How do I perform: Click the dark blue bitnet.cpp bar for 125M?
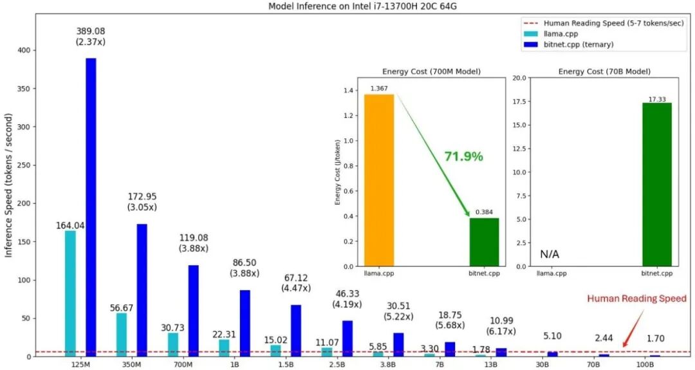point(91,207)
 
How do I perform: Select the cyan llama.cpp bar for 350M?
point(122,335)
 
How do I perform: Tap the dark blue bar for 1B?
point(245,324)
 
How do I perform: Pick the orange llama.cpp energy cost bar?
point(379,180)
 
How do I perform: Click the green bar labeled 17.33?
point(657,185)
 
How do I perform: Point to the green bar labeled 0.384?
point(484,243)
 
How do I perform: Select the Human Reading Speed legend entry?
point(604,23)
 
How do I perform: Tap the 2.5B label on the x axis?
point(337,364)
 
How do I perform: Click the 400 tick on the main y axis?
point(24,51)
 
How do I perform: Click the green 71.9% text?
point(463,156)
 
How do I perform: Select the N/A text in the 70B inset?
point(549,254)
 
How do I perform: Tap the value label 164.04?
point(70,226)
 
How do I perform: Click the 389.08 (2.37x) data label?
point(91,36)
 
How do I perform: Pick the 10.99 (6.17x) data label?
point(502,326)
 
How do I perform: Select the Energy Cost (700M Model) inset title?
point(431,71)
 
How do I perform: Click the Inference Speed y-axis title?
point(8,186)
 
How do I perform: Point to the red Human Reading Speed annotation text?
point(637,299)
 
